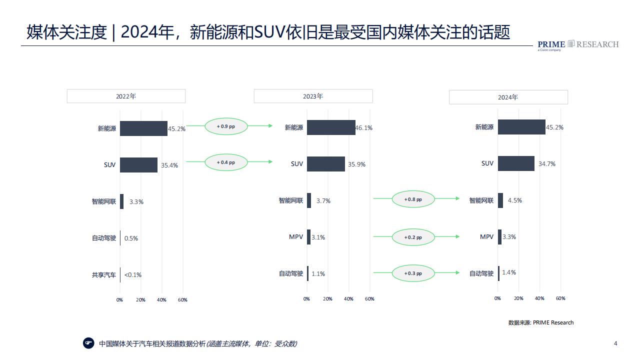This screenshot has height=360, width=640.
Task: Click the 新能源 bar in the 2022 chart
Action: (143, 128)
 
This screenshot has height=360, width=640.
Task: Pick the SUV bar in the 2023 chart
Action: (325, 163)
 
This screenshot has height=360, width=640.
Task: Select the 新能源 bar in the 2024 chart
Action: (521, 127)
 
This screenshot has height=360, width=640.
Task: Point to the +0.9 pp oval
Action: (226, 126)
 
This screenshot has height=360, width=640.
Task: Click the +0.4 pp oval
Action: (226, 162)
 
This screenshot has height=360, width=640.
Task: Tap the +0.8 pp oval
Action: (413, 199)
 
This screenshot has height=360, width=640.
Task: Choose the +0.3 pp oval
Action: (413, 273)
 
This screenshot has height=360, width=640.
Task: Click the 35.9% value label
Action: (356, 164)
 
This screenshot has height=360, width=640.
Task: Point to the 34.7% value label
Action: (547, 163)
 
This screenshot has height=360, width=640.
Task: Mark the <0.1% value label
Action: (133, 275)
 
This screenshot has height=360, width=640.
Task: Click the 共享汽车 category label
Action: (103, 275)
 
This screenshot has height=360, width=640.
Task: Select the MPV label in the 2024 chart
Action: (486, 236)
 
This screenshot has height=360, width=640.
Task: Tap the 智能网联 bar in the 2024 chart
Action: (500, 200)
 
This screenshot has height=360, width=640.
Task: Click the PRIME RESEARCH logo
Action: (578, 45)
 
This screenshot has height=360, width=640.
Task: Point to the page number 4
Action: (615, 343)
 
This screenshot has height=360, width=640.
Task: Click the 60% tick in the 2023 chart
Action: (369, 299)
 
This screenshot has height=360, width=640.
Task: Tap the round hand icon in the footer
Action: (88, 343)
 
